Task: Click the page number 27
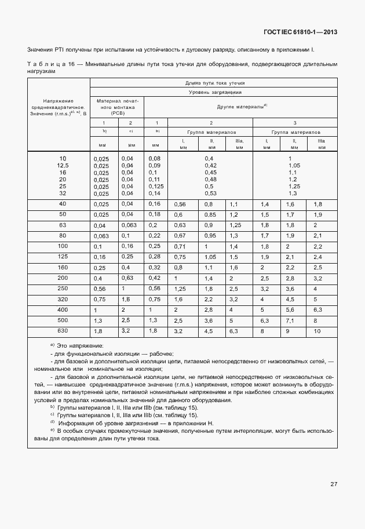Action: [x=334, y=484]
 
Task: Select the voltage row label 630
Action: [x=63, y=331]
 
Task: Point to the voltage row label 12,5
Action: [x=63, y=165]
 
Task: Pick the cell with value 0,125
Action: [x=155, y=186]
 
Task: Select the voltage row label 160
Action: [x=63, y=268]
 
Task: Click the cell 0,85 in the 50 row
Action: [x=210, y=214]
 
